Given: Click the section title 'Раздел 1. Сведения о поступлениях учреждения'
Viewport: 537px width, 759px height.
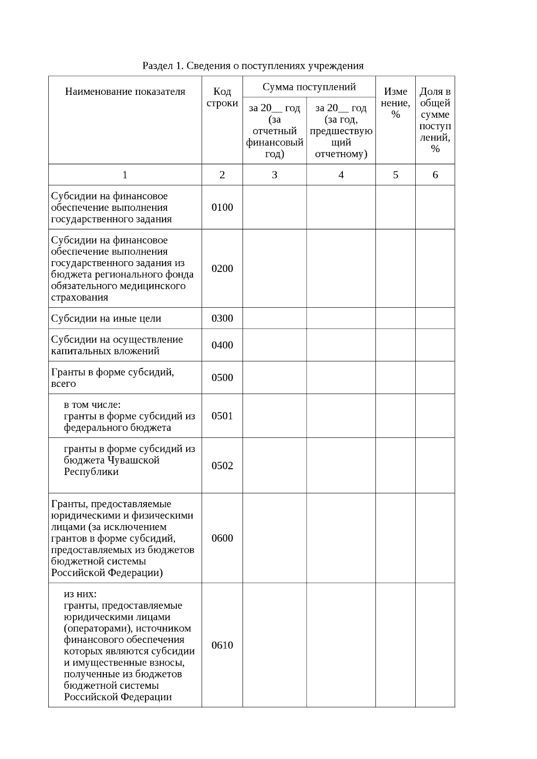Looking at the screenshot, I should pos(253,66).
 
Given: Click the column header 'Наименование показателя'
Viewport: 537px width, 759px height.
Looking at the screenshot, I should pos(125,92).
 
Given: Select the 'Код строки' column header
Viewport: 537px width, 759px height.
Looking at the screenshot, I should pos(222,97).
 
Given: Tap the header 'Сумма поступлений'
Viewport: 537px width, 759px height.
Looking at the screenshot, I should pos(309,87).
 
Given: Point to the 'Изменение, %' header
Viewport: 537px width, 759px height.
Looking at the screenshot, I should pos(395,103).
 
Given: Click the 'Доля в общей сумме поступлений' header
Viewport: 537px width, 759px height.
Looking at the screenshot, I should pos(435,120).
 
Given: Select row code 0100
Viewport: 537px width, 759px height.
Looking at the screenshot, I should pos(222,207).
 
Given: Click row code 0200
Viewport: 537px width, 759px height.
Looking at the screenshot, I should pos(222,268).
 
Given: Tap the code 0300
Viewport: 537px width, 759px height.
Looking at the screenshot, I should pos(222,318).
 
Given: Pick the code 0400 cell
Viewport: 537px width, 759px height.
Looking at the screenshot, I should pos(222,345).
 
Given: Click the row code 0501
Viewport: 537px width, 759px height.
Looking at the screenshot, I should pos(222,416).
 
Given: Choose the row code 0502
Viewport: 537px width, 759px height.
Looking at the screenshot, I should pos(222,466).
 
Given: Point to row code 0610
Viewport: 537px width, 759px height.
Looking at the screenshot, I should pos(222,645).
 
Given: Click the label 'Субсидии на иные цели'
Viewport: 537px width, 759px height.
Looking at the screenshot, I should pos(106,318).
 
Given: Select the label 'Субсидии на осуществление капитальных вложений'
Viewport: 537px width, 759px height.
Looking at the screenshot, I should pos(117,345).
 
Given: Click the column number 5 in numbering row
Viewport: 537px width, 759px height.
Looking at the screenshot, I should pos(395,175).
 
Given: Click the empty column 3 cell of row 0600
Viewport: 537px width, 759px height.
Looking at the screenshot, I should pos(274,538).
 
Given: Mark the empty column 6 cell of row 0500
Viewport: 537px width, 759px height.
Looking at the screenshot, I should pos(435,377).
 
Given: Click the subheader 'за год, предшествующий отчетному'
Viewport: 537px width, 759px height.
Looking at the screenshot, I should pos(341,131).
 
